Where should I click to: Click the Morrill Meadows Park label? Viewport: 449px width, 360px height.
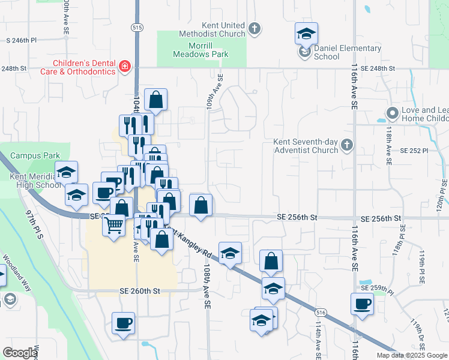pos(201,50)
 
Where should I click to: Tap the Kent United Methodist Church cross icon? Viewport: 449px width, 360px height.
pos(255,28)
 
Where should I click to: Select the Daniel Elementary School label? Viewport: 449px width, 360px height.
pos(339,52)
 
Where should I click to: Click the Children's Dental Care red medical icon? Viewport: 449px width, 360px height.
pos(124,67)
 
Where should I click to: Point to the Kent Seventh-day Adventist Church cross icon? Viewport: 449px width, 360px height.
pos(346,145)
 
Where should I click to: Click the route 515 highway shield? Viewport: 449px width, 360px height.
pos(136,28)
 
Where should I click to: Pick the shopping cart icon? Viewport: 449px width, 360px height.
pos(113,226)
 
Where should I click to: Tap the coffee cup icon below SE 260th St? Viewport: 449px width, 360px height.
pos(124,323)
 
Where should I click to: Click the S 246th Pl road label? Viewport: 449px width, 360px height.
pos(22,40)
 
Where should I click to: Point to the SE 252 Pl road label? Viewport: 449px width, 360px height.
pos(412,151)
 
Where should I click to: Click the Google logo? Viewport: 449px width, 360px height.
pos(20,353)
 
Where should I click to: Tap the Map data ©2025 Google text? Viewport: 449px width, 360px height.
pos(411,355)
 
